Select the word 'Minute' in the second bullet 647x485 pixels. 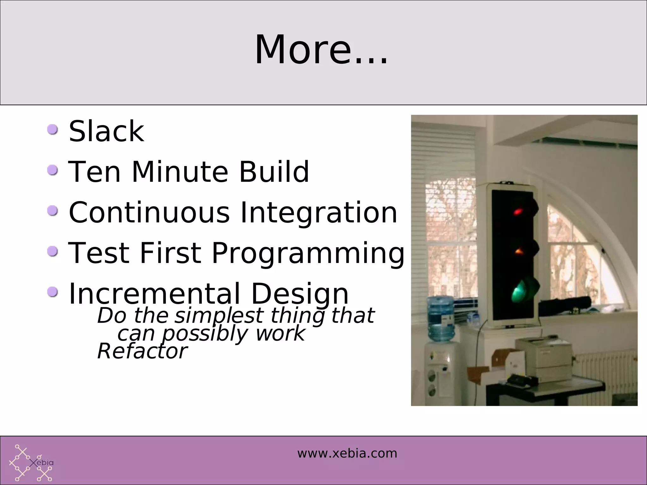(179, 172)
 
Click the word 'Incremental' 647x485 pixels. (154, 294)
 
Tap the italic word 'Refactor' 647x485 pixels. (142, 351)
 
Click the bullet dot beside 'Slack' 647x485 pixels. (52, 129)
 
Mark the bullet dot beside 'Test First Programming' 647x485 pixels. (52, 252)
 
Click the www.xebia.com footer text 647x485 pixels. (347, 453)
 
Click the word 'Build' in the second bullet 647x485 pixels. (274, 172)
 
